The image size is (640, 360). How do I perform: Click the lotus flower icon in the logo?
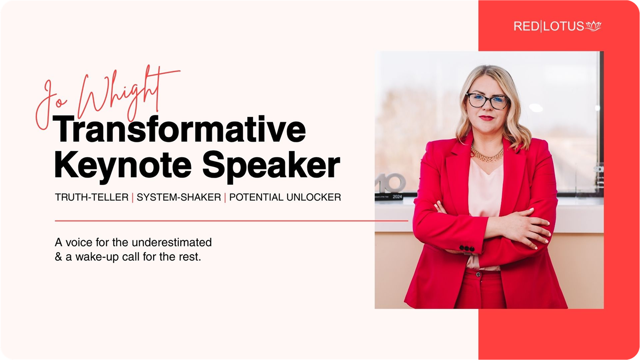pyautogui.click(x=594, y=26)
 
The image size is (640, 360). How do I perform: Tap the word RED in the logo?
pyautogui.click(x=526, y=26)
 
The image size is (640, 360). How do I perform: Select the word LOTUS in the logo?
pyautogui.click(x=564, y=26)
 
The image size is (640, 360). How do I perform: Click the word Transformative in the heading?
pyautogui.click(x=180, y=129)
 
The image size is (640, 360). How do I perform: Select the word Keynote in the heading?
pyautogui.click(x=123, y=166)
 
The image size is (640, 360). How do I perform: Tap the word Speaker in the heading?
pyautogui.click(x=271, y=166)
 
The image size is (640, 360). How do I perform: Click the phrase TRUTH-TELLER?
pyautogui.click(x=92, y=197)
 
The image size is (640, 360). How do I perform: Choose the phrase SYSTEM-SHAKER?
pyautogui.click(x=179, y=197)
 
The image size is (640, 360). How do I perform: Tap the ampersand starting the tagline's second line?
pyautogui.click(x=58, y=256)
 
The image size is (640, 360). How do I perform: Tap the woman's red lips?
pyautogui.click(x=486, y=118)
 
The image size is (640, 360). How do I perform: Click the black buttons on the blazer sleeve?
pyautogui.click(x=467, y=248)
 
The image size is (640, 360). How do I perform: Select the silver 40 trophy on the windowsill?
pyautogui.click(x=391, y=183)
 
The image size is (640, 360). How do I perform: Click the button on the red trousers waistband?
pyautogui.click(x=478, y=274)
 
